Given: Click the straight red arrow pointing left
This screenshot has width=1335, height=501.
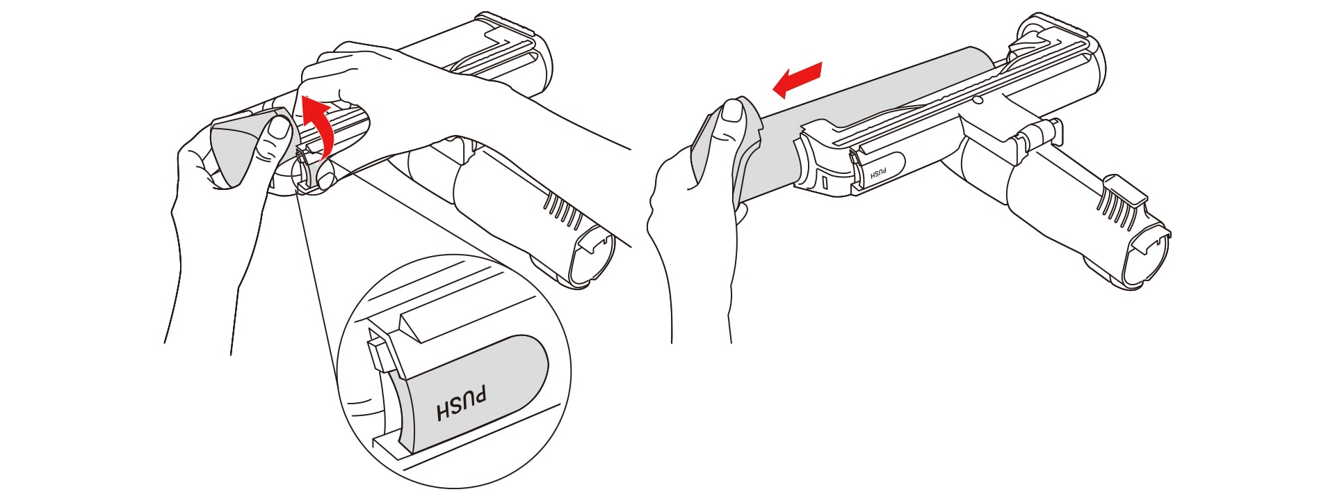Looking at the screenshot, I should click(x=798, y=79).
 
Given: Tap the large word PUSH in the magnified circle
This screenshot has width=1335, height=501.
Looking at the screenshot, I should click(x=462, y=404).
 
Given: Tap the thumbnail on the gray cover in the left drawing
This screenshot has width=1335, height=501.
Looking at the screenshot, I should click(x=280, y=127).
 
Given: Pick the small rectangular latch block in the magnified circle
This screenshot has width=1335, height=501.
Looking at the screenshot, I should click(x=378, y=355).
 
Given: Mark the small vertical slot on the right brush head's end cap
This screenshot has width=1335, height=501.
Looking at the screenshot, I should click(x=825, y=184).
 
